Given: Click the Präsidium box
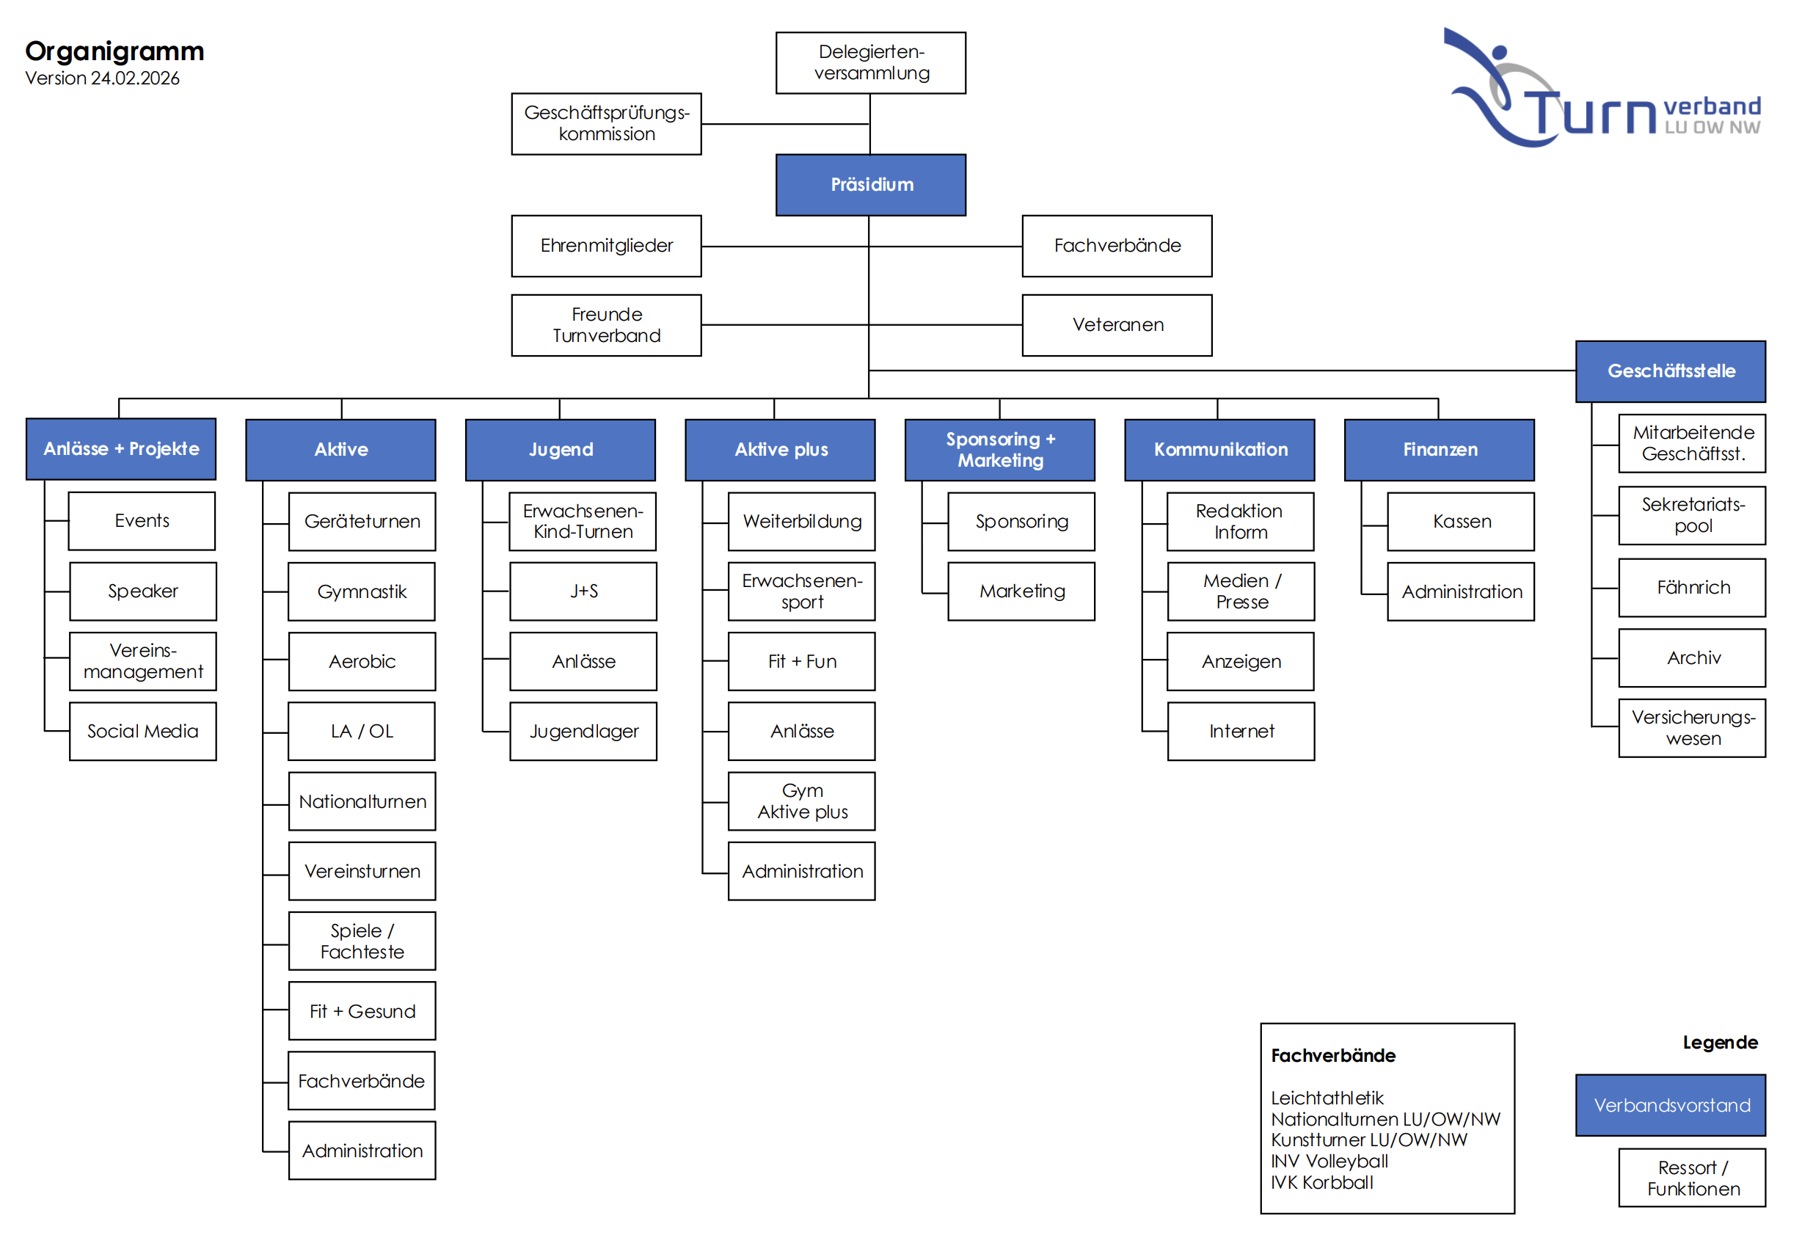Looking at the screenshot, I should [871, 185].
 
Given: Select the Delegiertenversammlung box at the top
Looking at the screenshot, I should [871, 62].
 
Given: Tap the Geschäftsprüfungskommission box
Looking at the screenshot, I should [606, 123].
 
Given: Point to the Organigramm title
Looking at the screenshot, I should [114, 51].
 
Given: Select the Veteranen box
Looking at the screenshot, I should [1117, 324].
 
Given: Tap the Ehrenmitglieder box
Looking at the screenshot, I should [606, 246].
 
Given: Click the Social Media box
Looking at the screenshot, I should [143, 731].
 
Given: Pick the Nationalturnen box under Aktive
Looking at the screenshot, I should [362, 801].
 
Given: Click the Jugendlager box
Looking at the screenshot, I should [583, 731].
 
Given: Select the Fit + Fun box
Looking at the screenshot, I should [801, 661].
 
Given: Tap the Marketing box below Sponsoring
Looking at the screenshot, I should [1021, 591].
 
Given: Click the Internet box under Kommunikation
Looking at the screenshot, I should [1241, 731].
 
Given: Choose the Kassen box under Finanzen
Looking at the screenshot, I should [1461, 521].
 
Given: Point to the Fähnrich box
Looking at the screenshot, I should [1692, 588].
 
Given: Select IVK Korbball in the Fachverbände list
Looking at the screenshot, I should [1321, 1182].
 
